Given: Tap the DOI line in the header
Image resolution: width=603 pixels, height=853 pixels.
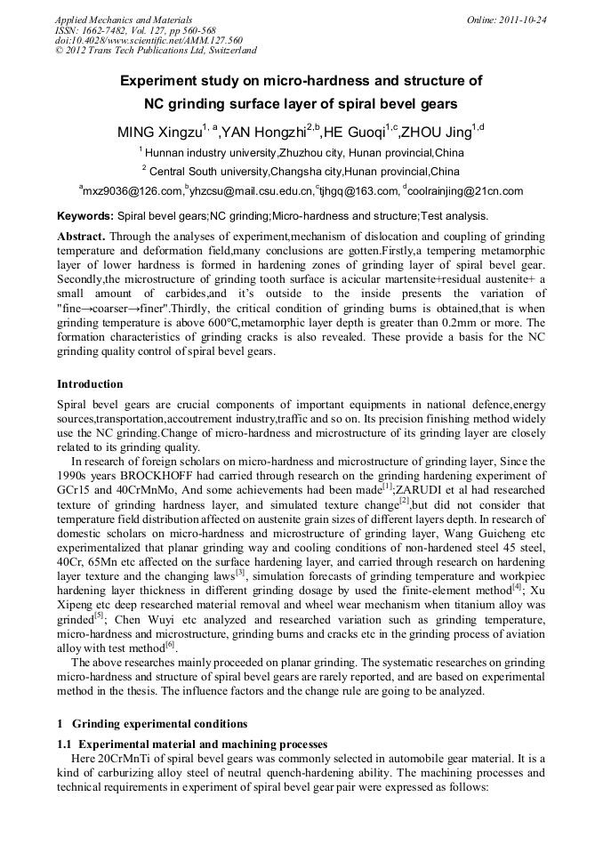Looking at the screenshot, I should coord(149,40).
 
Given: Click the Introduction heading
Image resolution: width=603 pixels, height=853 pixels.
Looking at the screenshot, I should coord(90,384).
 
